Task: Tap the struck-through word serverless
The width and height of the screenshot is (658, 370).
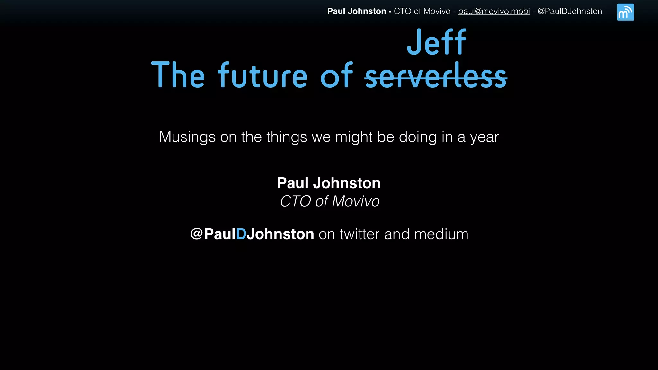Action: (436, 76)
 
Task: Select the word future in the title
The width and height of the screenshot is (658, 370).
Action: (262, 76)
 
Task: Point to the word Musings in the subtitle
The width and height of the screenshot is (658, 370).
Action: (187, 137)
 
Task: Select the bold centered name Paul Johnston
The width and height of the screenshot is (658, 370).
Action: (329, 183)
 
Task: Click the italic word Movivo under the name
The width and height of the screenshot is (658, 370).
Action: (356, 201)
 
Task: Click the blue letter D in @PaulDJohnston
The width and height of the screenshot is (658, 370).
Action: (241, 234)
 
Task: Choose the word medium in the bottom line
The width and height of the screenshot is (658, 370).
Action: (441, 234)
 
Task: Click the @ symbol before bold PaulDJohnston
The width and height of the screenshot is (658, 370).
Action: (196, 234)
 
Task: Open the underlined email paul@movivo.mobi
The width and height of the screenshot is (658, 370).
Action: (494, 11)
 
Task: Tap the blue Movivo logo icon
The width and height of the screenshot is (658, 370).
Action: (625, 12)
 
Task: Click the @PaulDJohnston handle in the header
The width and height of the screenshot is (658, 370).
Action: (570, 11)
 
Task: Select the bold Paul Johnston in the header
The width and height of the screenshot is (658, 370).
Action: (357, 11)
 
